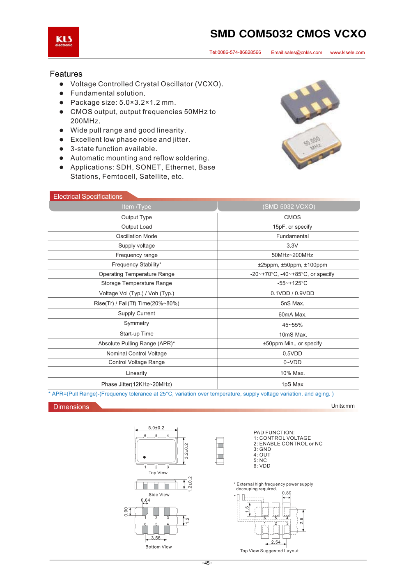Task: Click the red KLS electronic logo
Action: [x=64, y=42]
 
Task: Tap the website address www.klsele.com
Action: [x=347, y=53]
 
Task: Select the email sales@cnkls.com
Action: [x=296, y=53]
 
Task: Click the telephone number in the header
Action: [x=235, y=53]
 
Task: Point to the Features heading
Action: [x=66, y=74]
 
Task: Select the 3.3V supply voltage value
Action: [x=292, y=246]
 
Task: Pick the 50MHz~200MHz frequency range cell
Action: [x=292, y=255]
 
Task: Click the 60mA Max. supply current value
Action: [x=292, y=315]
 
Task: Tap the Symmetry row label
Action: [x=136, y=323]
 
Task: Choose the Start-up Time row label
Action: [x=136, y=334]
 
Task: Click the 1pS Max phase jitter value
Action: [x=292, y=384]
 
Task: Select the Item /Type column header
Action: [x=136, y=207]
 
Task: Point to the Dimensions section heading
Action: [x=71, y=407]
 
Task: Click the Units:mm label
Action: [x=343, y=406]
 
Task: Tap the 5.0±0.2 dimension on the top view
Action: [x=156, y=428]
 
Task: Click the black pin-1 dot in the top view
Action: [x=145, y=457]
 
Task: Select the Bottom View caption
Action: [x=158, y=547]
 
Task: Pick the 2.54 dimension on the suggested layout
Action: [x=276, y=542]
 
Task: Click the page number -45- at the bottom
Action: [x=207, y=563]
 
